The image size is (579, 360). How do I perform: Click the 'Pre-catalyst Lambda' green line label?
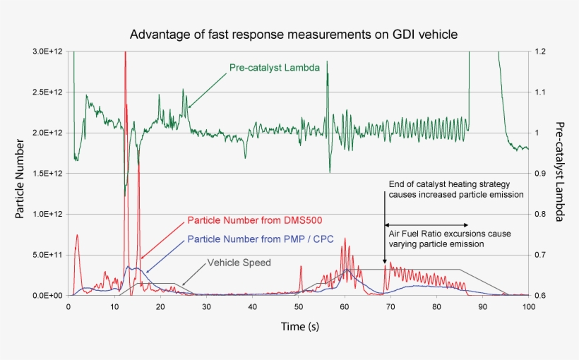(275, 68)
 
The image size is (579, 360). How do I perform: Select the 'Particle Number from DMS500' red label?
(254, 220)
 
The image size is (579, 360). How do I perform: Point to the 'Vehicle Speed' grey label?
(239, 263)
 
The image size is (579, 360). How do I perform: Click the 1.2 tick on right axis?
(540, 52)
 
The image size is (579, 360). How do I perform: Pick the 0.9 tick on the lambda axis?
(540, 174)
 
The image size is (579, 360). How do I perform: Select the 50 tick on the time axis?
(298, 306)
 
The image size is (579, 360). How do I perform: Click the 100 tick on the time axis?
(528, 306)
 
